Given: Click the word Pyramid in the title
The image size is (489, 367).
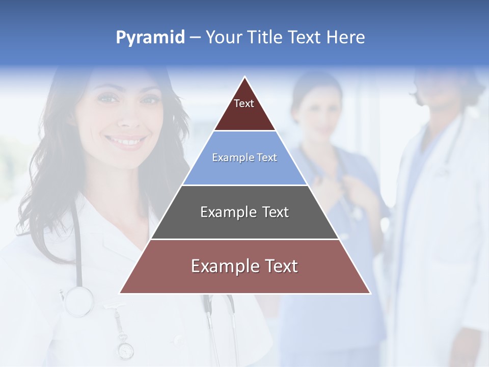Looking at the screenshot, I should [x=150, y=38].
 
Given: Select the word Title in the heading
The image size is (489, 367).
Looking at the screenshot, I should [x=266, y=37].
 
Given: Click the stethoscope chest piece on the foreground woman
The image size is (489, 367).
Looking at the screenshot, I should [x=79, y=301].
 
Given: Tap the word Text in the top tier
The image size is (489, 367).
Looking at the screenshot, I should [x=244, y=103].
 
